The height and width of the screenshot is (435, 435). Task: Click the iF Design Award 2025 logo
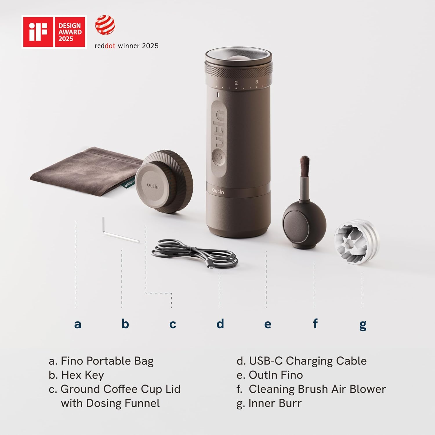tap(54, 32)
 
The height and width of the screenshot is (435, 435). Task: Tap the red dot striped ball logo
tap(105, 25)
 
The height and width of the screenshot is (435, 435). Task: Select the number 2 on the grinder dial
tap(236, 83)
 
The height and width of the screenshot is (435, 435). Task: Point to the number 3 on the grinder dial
tap(257, 82)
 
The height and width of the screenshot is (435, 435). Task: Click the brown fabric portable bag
tap(84, 168)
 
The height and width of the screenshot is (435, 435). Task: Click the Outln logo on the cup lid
tap(153, 186)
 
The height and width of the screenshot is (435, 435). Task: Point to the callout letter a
tap(77, 324)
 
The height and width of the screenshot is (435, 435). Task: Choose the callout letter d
tap(220, 323)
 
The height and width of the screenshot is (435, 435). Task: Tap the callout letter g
tap(363, 325)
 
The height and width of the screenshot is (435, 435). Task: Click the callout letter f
tap(315, 323)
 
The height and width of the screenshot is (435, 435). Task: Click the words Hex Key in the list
tap(83, 375)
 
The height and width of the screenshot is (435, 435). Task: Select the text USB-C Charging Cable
tap(308, 361)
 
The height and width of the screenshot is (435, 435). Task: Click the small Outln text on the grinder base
tap(218, 191)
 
